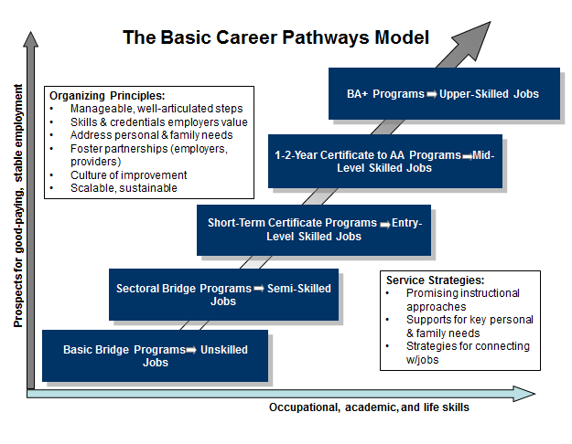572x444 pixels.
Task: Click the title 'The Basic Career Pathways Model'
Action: coord(275,38)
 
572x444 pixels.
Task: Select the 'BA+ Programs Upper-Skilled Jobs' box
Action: coord(443,93)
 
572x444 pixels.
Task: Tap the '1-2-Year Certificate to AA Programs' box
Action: coord(384,161)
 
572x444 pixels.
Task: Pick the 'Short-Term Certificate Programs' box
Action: coord(314,229)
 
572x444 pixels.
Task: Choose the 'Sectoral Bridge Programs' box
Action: coord(223,294)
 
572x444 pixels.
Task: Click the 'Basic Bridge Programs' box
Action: coord(155,355)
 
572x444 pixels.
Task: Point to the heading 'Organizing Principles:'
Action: coord(107,95)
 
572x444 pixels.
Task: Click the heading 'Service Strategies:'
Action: coord(435,280)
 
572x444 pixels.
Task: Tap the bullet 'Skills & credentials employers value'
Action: coord(159,122)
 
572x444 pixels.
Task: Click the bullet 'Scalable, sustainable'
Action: coord(124,188)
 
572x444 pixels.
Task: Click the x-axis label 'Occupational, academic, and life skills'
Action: coord(369,407)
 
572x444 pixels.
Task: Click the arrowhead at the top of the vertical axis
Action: coord(33,42)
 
